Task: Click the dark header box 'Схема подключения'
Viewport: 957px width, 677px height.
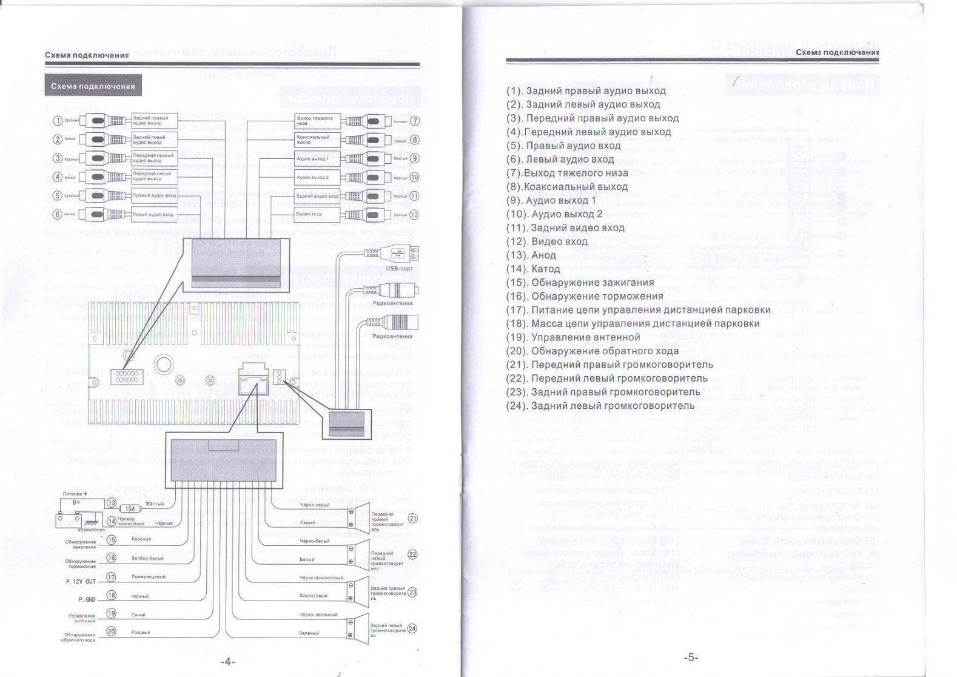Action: pyautogui.click(x=93, y=86)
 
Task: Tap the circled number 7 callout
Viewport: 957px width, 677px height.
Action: pyautogui.click(x=415, y=121)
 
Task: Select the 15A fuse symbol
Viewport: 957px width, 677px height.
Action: pyautogui.click(x=129, y=509)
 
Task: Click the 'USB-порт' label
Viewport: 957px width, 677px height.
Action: pyautogui.click(x=399, y=268)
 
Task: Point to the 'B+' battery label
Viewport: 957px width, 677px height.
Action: pyautogui.click(x=76, y=502)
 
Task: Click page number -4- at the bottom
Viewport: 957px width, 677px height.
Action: pyautogui.click(x=227, y=661)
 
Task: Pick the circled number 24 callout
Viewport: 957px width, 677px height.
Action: pyautogui.click(x=412, y=628)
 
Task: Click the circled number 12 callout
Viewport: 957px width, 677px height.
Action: pyautogui.click(x=415, y=214)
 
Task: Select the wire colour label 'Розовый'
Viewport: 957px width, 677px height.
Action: pyautogui.click(x=140, y=632)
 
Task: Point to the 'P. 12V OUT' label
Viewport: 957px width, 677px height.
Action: pyautogui.click(x=81, y=581)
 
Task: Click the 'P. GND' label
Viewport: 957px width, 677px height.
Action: pyautogui.click(x=86, y=599)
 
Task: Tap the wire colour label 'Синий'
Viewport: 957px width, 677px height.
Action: pyautogui.click(x=138, y=614)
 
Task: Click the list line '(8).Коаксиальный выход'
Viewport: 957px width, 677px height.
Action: pyautogui.click(x=567, y=187)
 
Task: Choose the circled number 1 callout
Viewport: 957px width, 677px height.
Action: pyautogui.click(x=57, y=121)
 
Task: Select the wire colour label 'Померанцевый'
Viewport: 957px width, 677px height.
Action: pyautogui.click(x=148, y=576)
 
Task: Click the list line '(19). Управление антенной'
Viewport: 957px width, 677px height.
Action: pyautogui.click(x=573, y=337)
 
